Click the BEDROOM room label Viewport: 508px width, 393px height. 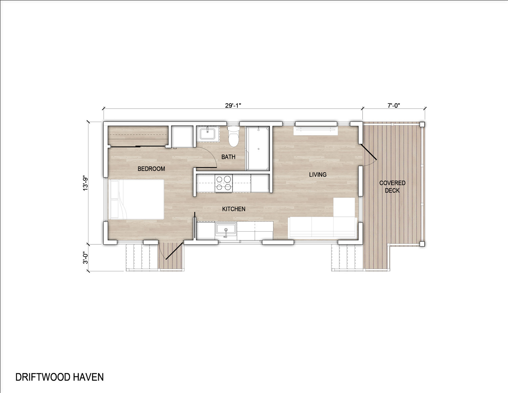151,169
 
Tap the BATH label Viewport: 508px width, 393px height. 228,157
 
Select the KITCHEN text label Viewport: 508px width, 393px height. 234,209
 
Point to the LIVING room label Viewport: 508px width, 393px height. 318,175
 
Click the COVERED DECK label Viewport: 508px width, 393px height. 392,187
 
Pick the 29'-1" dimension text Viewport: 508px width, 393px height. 233,105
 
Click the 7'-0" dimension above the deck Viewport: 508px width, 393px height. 394,105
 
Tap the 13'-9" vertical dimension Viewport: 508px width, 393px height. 85,184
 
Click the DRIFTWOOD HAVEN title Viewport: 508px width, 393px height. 59,377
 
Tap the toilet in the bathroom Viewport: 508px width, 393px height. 233,136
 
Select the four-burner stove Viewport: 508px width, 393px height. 224,183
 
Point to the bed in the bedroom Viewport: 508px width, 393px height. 137,199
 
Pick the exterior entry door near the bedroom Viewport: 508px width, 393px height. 174,251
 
